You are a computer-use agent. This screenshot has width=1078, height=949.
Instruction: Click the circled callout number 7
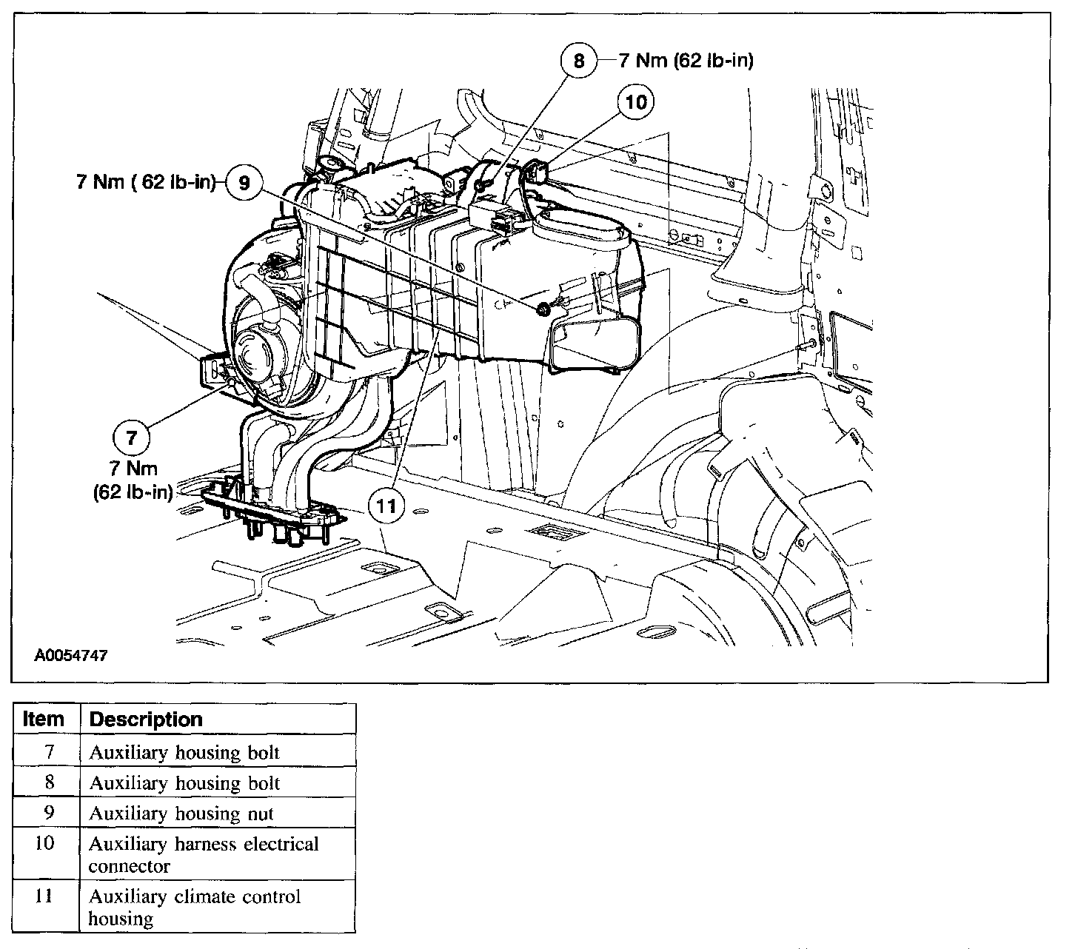tap(132, 437)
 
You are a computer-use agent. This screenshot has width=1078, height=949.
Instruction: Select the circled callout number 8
tap(579, 60)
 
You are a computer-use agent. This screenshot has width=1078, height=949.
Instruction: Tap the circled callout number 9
tap(244, 181)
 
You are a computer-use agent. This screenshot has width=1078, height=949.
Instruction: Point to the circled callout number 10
tap(636, 101)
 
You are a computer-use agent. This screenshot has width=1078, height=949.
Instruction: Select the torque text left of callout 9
tap(146, 182)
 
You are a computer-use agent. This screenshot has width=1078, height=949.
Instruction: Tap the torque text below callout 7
tap(133, 480)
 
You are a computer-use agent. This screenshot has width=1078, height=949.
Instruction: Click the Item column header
tap(44, 720)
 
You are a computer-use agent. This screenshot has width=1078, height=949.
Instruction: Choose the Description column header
tap(146, 720)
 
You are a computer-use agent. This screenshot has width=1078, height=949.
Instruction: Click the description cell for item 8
tap(184, 783)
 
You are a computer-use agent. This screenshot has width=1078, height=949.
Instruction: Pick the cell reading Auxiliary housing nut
tap(181, 814)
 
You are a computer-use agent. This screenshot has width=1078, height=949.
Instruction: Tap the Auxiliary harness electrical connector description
tap(204, 855)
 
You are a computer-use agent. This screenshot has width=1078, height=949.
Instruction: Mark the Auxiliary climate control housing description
tap(195, 908)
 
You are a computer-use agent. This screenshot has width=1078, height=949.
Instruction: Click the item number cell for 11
tap(45, 897)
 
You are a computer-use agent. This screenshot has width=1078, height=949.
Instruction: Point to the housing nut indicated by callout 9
tap(543, 309)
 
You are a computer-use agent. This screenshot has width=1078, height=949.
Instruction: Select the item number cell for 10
tap(45, 844)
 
